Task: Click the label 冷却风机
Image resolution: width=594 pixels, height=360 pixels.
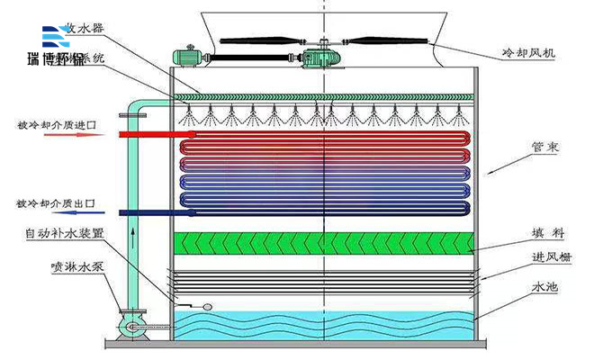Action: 530,53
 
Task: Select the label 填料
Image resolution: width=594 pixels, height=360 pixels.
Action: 546,233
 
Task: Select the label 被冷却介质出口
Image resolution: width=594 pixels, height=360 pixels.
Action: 56,202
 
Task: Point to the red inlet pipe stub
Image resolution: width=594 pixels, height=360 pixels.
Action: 149,135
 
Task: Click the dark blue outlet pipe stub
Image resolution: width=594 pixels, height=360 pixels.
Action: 149,213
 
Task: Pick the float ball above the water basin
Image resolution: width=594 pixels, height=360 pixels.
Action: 208,305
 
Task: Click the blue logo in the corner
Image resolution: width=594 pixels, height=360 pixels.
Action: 56,37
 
